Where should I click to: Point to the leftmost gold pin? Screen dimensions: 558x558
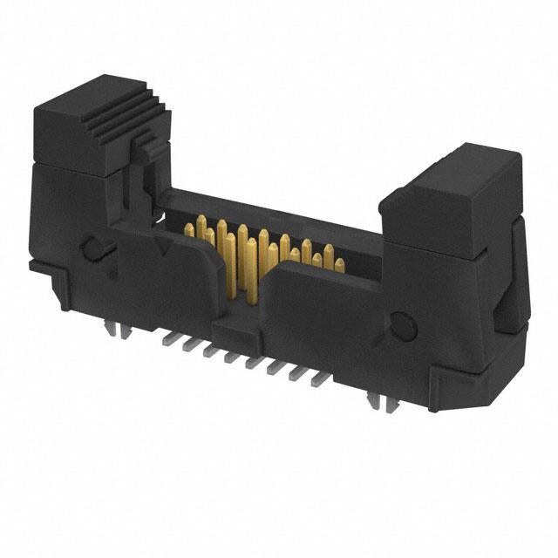tap(188, 228)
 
